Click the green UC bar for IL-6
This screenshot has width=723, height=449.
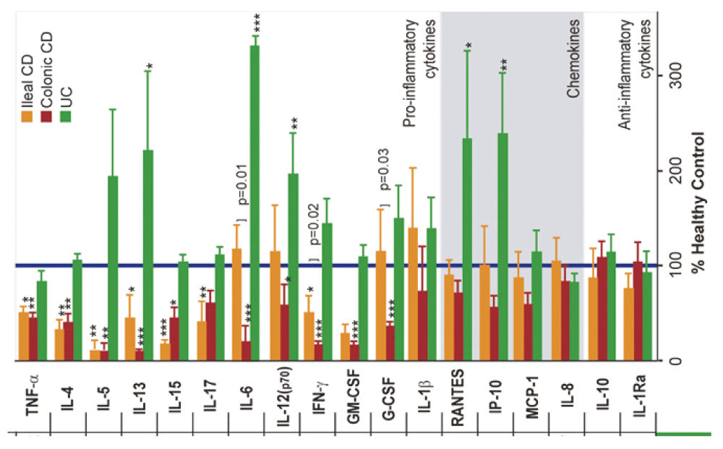click(x=254, y=202)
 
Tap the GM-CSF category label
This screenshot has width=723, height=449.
click(x=351, y=397)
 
